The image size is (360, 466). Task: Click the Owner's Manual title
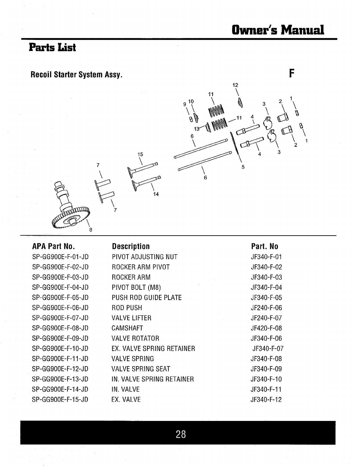(278, 29)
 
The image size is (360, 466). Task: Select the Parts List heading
(52, 47)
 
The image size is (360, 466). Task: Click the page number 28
(181, 434)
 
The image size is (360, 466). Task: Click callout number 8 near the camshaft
(91, 230)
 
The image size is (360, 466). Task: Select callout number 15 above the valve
(140, 154)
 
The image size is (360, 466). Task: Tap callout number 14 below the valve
(156, 194)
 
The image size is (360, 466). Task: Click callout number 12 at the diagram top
(235, 85)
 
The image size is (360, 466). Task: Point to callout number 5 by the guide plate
(243, 167)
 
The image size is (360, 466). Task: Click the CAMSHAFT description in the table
(127, 328)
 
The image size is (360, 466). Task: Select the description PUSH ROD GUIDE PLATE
(147, 298)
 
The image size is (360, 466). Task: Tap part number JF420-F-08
(266, 328)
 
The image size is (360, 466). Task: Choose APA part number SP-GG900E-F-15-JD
(60, 399)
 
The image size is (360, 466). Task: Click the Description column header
(131, 246)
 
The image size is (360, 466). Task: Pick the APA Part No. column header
(53, 246)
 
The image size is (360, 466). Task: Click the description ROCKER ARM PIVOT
(141, 267)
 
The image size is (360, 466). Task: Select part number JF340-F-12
(266, 399)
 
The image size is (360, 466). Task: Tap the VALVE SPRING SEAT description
(141, 369)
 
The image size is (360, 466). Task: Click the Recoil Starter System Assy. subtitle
(76, 75)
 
